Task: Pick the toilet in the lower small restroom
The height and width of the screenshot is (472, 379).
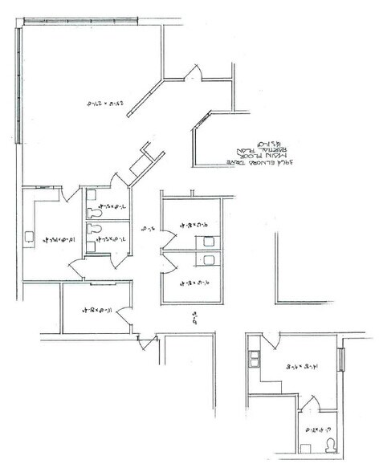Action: coord(96,230)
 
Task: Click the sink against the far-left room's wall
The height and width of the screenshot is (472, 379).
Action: coord(29,237)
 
